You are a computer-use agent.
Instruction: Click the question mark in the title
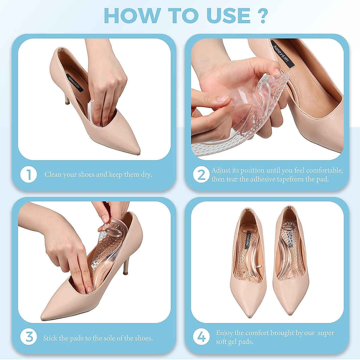click(262, 16)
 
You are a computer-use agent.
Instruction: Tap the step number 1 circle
click(28, 175)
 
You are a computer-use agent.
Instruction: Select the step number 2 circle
click(201, 175)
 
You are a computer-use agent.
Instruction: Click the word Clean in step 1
click(53, 175)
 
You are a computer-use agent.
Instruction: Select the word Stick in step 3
click(50, 338)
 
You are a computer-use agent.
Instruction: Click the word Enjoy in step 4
click(224, 333)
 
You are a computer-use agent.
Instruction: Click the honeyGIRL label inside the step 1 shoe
click(74, 83)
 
